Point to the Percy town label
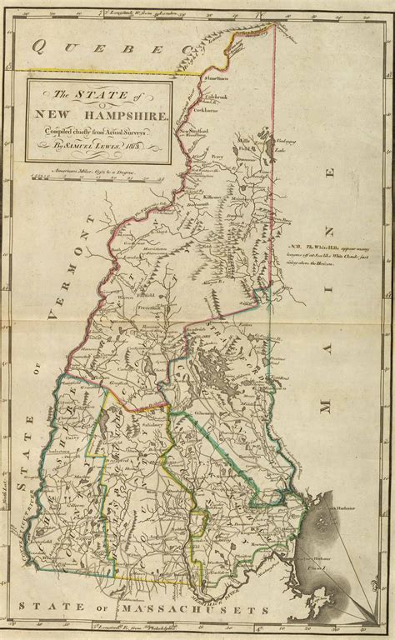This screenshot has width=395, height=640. click(x=219, y=156)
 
